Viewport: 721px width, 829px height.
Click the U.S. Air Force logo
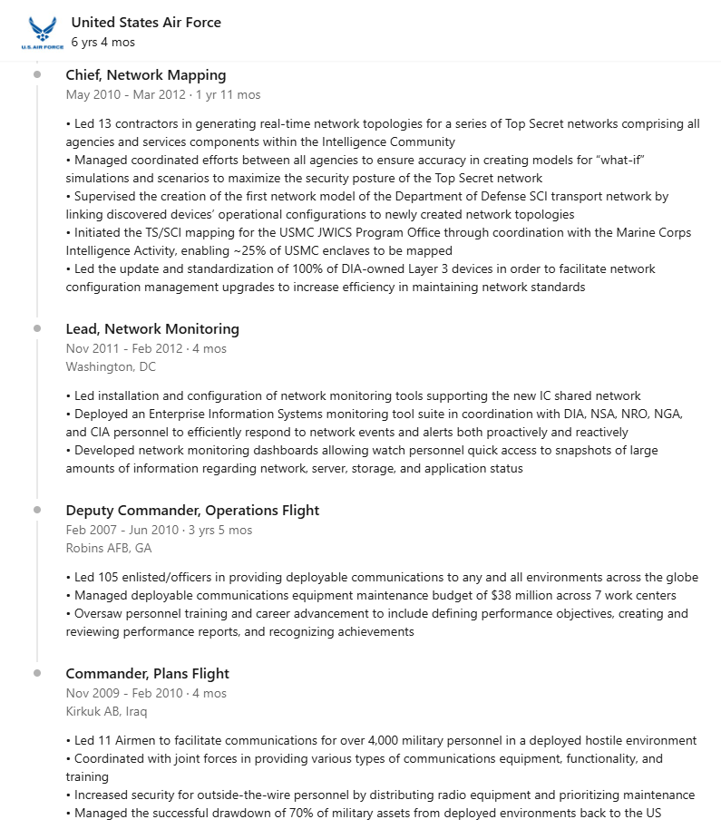coord(41,33)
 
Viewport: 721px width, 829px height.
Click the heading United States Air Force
coord(146,23)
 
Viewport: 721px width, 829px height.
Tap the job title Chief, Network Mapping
coord(146,75)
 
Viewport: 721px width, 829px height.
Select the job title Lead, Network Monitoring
coord(152,329)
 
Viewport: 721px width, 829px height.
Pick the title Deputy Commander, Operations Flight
coord(192,511)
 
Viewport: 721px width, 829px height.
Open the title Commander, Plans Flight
coord(147,674)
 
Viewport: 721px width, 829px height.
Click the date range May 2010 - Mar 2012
coord(126,94)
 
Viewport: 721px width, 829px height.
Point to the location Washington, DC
coord(111,367)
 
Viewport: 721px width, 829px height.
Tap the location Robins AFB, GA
coord(109,549)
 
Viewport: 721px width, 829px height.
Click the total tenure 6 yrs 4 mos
coord(103,43)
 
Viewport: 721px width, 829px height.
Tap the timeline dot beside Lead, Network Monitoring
coord(37,328)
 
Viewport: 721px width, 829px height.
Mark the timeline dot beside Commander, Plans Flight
coord(37,673)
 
